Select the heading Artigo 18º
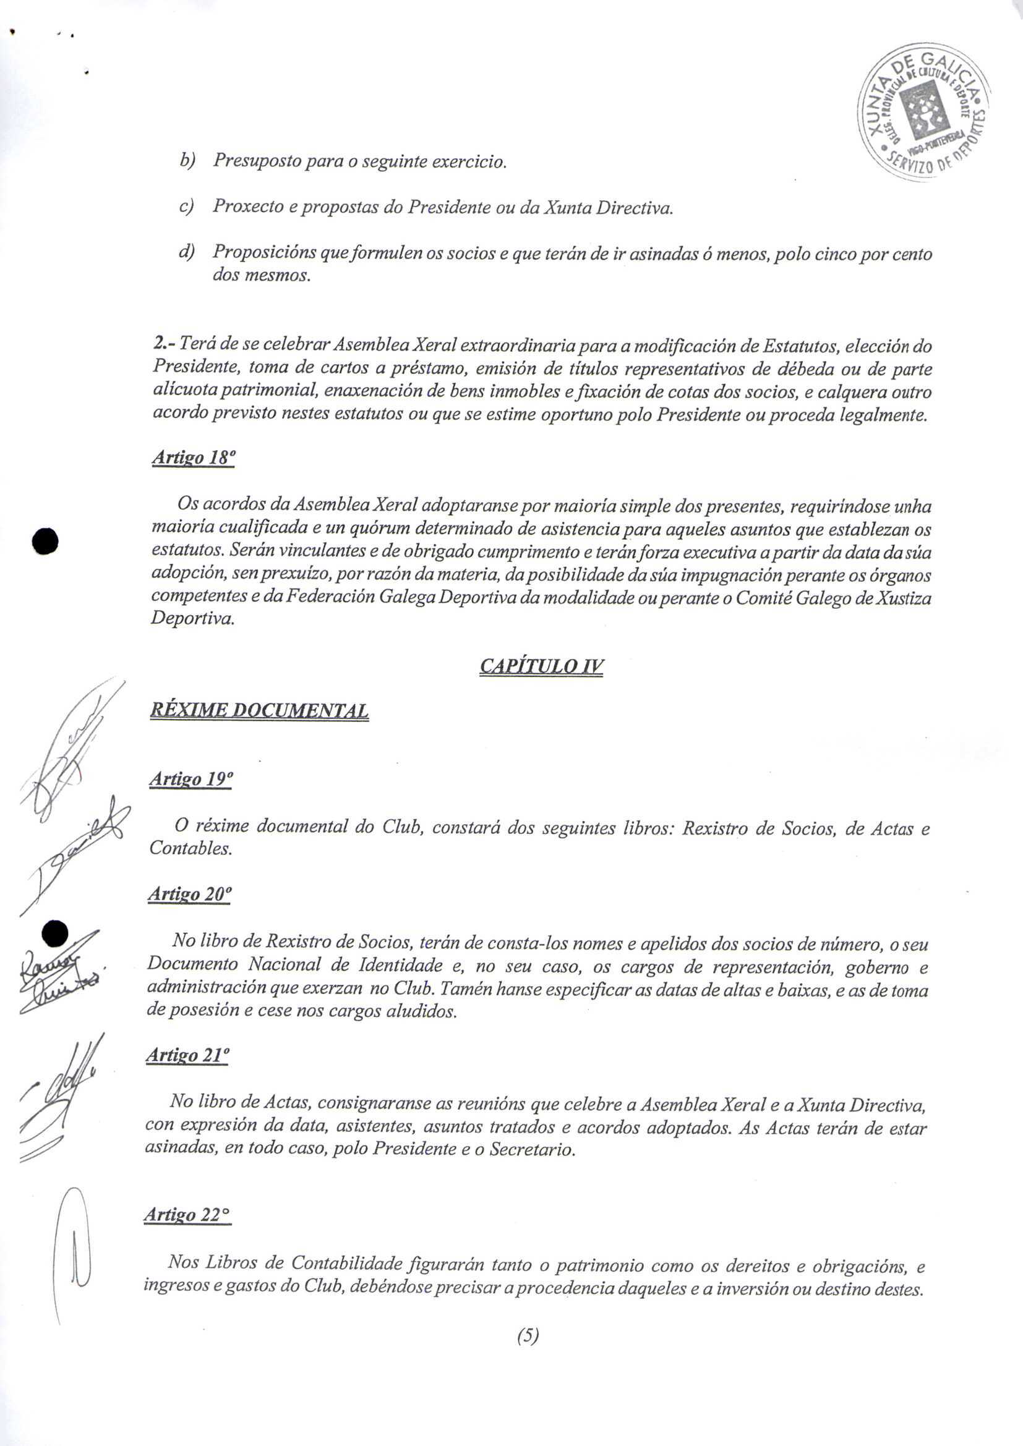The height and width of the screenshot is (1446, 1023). coord(193,458)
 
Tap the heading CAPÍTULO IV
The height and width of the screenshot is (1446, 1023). coord(541,666)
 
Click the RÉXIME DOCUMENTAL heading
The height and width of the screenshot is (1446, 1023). coord(259,711)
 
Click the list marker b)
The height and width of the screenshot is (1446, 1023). coord(187,161)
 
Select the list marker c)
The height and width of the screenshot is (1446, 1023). coord(186,206)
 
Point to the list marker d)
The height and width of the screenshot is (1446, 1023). coord(186,253)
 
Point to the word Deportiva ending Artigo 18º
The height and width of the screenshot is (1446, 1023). coord(192,618)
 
